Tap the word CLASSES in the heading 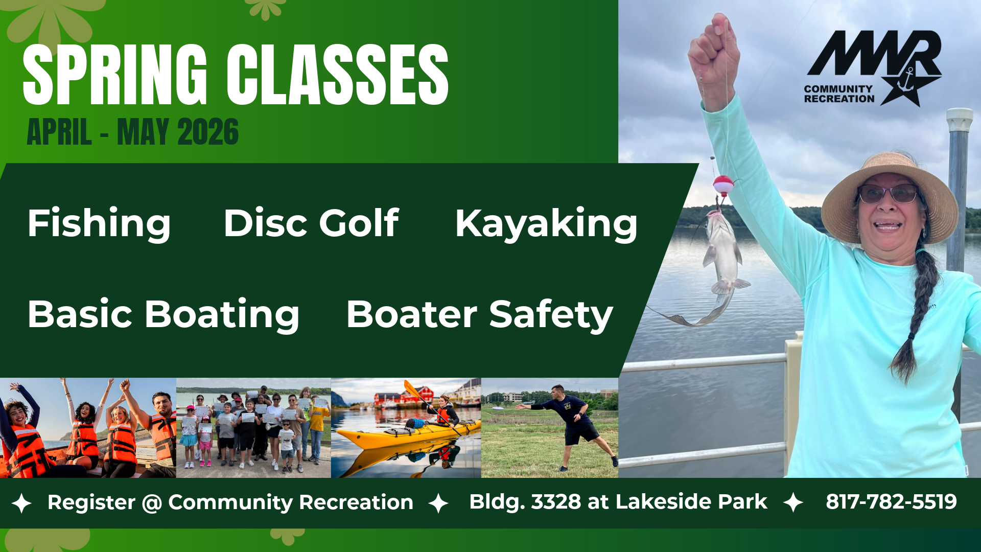pos(338,75)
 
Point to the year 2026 pos(208,132)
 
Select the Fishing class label pos(99,223)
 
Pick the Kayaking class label pos(546,224)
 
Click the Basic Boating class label pos(163,314)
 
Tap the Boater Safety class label pos(479,315)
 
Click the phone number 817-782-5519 pos(891,502)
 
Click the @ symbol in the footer pos(152,503)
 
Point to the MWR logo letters pos(874,53)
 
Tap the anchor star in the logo pos(910,85)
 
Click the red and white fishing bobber pos(723,185)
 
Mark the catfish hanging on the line pos(715,266)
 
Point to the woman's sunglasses pos(888,194)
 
